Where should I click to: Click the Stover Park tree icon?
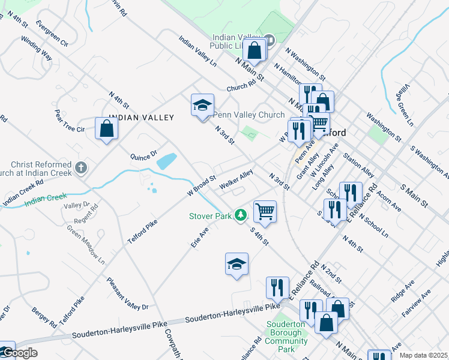[x=241, y=214]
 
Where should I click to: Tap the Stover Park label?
[x=211, y=215]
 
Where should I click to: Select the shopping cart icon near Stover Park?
[x=265, y=211]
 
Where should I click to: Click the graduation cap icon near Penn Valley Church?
[x=203, y=106]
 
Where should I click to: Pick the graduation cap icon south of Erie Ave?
[x=237, y=264]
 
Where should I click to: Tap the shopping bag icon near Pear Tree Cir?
[x=106, y=128]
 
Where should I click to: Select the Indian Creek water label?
[x=45, y=200]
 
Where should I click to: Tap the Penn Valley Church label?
[x=249, y=115]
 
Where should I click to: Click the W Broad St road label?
[x=201, y=186]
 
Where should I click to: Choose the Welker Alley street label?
[x=236, y=181]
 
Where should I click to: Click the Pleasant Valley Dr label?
[x=127, y=293]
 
